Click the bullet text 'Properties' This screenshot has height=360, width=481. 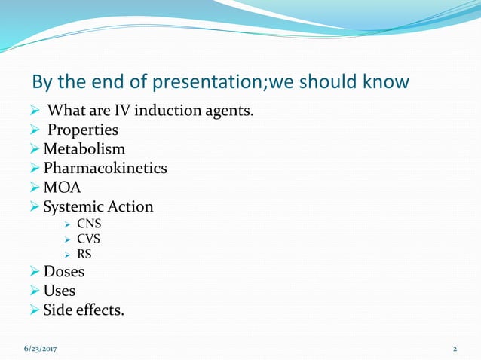click(83, 130)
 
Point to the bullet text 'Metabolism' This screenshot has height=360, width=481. click(84, 149)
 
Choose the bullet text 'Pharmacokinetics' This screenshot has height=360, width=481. click(105, 168)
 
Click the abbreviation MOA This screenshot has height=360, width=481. click(62, 187)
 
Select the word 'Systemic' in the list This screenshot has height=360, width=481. click(74, 206)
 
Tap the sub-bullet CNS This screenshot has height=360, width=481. click(89, 224)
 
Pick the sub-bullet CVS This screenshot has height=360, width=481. click(89, 239)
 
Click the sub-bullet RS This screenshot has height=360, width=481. click(84, 254)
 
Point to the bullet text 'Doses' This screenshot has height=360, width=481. click(64, 271)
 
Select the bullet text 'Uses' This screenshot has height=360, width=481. click(60, 290)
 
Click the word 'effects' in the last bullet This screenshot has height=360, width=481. click(100, 309)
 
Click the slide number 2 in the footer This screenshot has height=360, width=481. click(455, 349)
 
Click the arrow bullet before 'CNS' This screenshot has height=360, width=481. click(68, 224)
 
